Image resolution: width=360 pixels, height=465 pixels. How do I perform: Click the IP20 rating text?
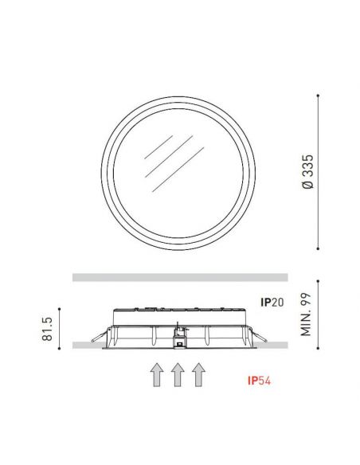coord(274,302)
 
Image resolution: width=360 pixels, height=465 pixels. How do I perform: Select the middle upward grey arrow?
coord(178,373)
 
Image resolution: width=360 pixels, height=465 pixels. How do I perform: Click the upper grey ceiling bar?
coord(178,277)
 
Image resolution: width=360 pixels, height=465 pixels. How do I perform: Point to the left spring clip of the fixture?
coord(98,334)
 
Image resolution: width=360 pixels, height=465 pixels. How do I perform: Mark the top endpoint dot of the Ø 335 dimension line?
coord(318,95)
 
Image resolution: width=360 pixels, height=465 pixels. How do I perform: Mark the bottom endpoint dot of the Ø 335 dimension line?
coord(318,245)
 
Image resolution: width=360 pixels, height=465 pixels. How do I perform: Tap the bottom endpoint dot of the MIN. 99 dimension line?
coord(318,349)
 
